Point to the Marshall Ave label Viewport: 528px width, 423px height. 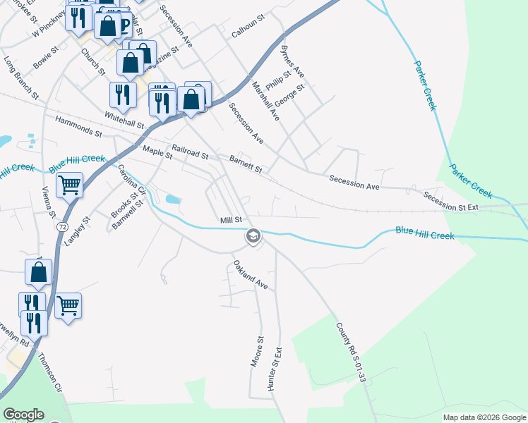[266, 100]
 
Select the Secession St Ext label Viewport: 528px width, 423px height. [451, 202]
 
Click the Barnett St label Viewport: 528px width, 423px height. [246, 165]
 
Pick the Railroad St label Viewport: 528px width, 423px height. [191, 152]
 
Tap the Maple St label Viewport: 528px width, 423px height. [157, 151]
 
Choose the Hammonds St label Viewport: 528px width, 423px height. [78, 127]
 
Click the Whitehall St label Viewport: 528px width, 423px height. [124, 119]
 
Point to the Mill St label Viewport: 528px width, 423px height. [231, 221]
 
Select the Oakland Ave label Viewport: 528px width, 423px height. [251, 275]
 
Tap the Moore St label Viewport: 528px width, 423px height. [257, 350]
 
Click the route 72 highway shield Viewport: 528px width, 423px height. [63, 227]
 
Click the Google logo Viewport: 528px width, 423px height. [23, 415]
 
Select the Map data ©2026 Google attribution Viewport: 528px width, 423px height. [484, 417]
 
